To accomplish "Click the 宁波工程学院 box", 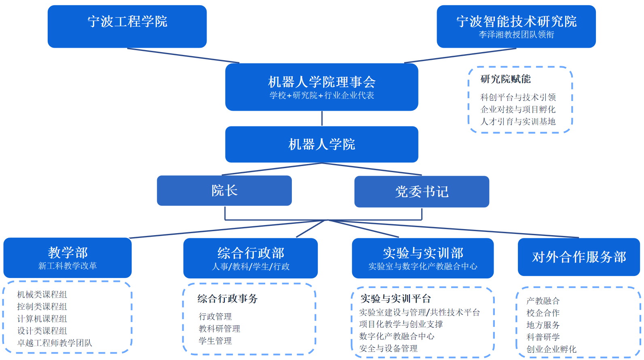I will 127,26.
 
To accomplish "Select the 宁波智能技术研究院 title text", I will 516,21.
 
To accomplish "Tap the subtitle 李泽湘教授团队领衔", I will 516,35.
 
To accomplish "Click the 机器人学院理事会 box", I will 321,87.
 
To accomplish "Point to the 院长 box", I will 224,190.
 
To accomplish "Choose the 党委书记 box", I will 422,192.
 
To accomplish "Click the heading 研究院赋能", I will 505,79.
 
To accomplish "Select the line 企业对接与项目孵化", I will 518,109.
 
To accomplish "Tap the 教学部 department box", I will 68,257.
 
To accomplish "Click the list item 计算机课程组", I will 42,319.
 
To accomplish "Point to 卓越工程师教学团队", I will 55,343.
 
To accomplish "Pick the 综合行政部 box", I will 250,258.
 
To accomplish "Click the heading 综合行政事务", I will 227,299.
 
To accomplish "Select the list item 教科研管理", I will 219,329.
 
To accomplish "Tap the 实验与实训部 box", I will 422,258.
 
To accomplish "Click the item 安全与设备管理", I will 388,348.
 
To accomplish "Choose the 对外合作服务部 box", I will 579,257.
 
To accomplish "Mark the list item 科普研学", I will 543,337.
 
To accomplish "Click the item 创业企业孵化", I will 551,349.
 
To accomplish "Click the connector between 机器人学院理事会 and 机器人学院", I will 322,118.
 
